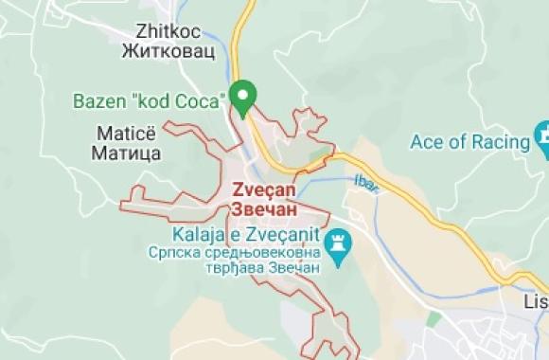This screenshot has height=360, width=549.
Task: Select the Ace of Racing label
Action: pos(469,143)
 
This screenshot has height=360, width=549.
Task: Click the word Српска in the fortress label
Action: pos(171,253)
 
